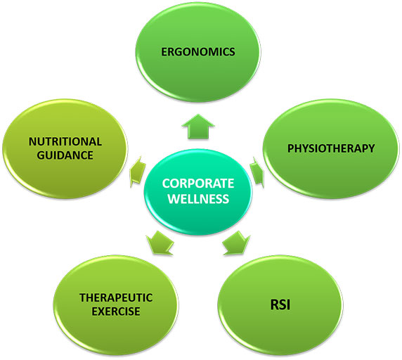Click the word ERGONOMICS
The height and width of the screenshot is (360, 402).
coord(198,52)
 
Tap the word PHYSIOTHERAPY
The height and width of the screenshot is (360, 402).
coord(331,148)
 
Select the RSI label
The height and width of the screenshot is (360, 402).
coord(280,305)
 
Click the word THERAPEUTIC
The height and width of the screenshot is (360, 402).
coord(116,297)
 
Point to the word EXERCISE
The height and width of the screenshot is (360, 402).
coord(116,311)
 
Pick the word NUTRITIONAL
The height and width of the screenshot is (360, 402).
coord(65,141)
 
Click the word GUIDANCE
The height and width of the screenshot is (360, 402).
coord(65,155)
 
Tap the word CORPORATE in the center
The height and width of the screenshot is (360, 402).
coord(198,184)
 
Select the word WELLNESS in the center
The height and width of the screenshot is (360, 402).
coord(198,199)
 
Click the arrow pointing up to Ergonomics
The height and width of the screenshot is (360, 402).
coord(198,127)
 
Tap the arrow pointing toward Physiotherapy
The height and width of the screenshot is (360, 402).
coord(257,172)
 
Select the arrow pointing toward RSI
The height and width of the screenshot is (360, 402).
coord(236,243)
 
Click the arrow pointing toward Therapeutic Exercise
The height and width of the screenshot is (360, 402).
coord(160,243)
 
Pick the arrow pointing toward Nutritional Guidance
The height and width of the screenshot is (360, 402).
coord(138,172)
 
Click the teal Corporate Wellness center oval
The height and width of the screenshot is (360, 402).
coord(198,192)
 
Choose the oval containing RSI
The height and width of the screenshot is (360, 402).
coord(280,305)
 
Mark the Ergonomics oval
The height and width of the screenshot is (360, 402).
coord(198,52)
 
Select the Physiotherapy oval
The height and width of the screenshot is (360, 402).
coord(331,149)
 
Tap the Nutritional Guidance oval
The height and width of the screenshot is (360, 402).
coord(65,149)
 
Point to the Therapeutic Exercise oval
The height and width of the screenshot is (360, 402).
coord(116,305)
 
